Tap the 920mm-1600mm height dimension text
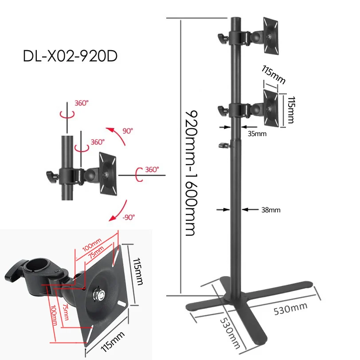[190, 172]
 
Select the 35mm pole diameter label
[257, 133]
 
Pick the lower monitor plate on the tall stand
[270, 106]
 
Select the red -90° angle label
[129, 217]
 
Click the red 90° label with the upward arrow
[128, 131]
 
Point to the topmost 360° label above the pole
[82, 102]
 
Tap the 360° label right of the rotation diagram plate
[152, 169]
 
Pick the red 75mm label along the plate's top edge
[94, 253]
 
